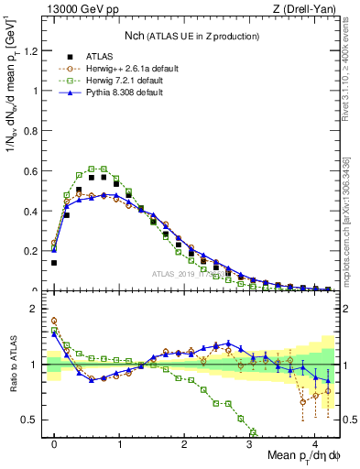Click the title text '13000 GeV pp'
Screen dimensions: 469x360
click(x=77, y=10)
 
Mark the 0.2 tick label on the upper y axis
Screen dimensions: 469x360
click(x=34, y=251)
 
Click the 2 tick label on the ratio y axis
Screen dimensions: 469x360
click(x=38, y=309)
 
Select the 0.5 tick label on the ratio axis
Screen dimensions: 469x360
click(x=34, y=420)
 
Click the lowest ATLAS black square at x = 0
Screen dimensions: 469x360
click(x=54, y=263)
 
